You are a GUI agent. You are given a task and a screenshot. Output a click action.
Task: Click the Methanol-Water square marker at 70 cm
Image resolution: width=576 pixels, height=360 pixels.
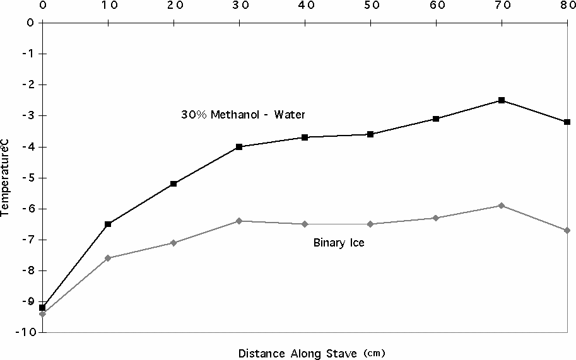point(502,100)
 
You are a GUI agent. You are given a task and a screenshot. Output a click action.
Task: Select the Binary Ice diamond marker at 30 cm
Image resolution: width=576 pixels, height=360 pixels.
point(239,221)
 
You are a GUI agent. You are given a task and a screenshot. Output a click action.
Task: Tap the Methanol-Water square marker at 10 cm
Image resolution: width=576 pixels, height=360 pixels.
point(108,224)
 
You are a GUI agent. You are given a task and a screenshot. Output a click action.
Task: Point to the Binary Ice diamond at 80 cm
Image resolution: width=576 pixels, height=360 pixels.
point(567,230)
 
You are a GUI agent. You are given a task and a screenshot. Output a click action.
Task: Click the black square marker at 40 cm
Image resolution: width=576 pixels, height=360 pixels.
point(305,137)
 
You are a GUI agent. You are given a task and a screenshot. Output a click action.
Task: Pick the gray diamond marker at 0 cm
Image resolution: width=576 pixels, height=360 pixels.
point(42,313)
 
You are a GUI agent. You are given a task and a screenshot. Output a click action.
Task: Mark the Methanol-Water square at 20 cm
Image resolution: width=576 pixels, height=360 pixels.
point(173,183)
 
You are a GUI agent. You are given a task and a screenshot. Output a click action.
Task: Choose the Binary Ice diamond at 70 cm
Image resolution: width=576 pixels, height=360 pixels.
point(502,206)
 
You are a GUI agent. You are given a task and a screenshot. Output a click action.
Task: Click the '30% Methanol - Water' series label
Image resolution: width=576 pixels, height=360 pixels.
point(240,115)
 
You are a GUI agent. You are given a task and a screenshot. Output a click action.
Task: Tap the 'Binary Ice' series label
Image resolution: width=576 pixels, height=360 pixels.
point(339,243)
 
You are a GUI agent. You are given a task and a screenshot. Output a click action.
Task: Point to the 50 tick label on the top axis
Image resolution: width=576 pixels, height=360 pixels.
point(371,6)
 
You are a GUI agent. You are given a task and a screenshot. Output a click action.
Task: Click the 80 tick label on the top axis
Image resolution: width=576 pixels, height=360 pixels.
point(567,6)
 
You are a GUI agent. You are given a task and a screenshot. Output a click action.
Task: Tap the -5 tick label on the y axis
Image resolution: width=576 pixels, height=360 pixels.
point(28,178)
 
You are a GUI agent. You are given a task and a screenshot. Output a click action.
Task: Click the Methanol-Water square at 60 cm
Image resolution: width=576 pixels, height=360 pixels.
point(436,119)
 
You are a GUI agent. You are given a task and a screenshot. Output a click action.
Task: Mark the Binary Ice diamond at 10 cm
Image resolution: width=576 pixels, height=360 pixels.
point(108,258)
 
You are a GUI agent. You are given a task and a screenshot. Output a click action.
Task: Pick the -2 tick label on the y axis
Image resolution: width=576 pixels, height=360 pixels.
point(28,84)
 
